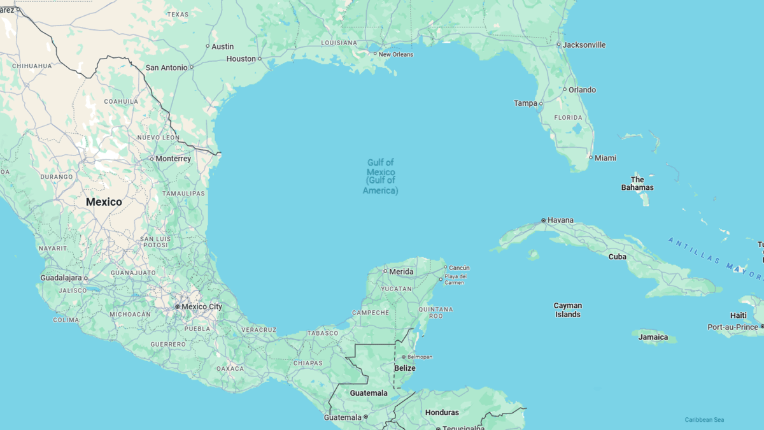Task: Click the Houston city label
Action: [x=241, y=59]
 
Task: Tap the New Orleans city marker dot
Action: [x=374, y=54]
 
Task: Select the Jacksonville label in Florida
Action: [x=584, y=45]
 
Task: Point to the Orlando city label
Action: [x=582, y=90]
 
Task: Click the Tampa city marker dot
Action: [x=541, y=103]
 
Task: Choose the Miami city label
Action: [x=605, y=158]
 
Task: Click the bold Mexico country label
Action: [x=104, y=202]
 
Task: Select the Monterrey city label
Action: [x=173, y=159]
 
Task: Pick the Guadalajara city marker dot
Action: [x=86, y=278]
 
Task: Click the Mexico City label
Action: [x=202, y=306]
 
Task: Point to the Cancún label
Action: [x=459, y=268]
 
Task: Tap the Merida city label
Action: [x=401, y=272]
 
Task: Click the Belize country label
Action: [x=404, y=368]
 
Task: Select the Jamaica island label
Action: [x=653, y=337]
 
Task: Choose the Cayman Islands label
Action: [x=567, y=310]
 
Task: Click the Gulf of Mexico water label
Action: [x=381, y=176]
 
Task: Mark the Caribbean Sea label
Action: [x=704, y=420]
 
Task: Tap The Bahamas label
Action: [x=637, y=183]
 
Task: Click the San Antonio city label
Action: [x=166, y=68]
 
